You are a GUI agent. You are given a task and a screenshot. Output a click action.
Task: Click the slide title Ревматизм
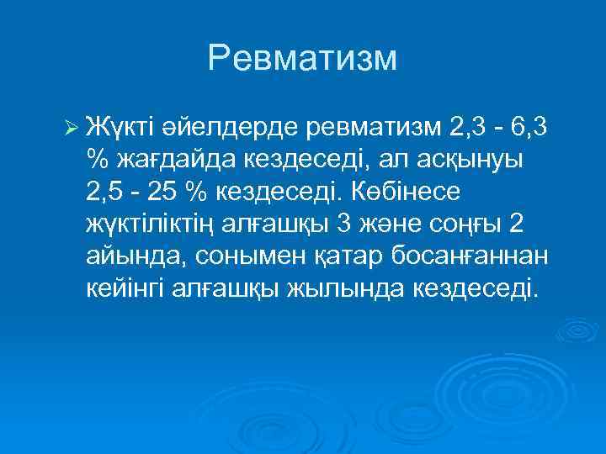tap(302, 58)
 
